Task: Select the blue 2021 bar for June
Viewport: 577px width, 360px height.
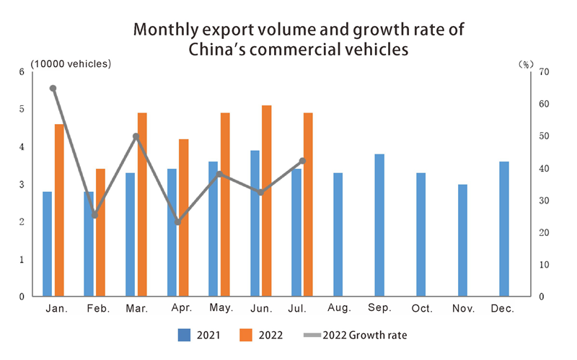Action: coord(255,224)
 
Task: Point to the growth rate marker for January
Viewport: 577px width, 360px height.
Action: coord(53,88)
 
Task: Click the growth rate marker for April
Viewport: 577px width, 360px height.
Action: coord(178,222)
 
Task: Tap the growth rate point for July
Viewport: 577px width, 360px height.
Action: coord(302,161)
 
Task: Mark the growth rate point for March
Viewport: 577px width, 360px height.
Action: coord(136,136)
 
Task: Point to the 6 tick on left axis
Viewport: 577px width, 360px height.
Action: coord(22,71)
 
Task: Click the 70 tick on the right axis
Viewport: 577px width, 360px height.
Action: coord(544,71)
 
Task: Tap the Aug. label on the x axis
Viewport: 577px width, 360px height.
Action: coord(338,308)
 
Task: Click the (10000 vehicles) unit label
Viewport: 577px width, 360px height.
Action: coord(71,63)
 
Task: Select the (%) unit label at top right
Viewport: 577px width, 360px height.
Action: coord(525,63)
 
